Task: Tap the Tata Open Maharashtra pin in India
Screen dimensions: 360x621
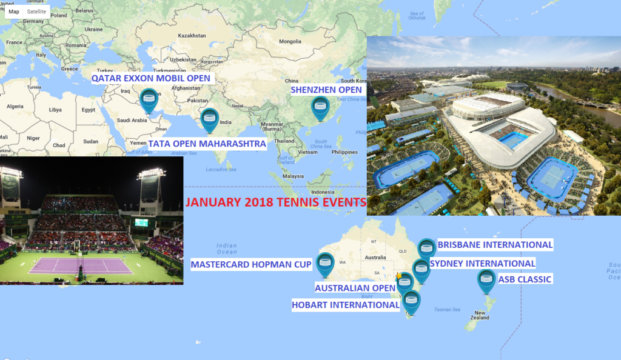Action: pos(209,118)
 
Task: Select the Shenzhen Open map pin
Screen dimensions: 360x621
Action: pos(320,107)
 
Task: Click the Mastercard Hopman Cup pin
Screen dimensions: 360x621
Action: pos(326,263)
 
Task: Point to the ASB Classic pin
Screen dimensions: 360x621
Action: pos(486,280)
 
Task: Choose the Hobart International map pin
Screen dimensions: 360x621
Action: pos(411,301)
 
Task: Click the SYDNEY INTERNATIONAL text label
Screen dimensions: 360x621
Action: pos(482,264)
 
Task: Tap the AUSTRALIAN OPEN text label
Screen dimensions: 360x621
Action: pos(355,287)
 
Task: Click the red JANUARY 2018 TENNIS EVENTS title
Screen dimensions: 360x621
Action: pos(276,203)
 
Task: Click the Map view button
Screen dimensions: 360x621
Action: pos(14,12)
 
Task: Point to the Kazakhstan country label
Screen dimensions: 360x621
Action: pos(192,35)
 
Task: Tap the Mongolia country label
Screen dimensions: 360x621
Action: pos(290,42)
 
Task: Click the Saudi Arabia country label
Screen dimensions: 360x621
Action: pos(131,120)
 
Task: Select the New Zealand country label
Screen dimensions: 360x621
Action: pos(479,318)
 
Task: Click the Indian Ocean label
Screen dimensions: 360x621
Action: pos(226,248)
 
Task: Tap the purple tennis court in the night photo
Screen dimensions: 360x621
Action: pos(81,265)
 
